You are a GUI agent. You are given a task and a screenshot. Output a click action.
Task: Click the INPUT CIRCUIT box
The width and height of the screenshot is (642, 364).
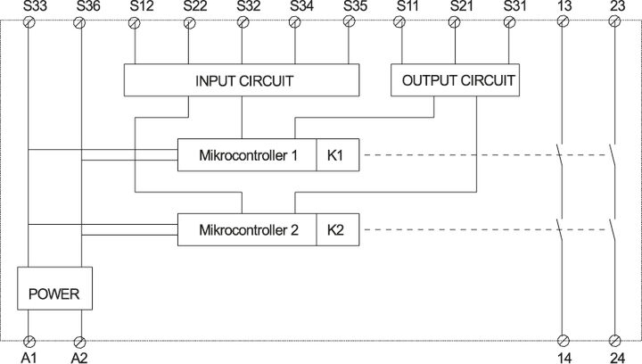tap(244, 80)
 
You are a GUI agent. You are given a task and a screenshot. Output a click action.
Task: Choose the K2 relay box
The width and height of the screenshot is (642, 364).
tap(335, 229)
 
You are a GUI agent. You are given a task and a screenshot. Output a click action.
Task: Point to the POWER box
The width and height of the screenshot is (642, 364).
tap(55, 294)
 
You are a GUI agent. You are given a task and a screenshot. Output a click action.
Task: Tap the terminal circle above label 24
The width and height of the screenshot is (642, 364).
tap(614, 341)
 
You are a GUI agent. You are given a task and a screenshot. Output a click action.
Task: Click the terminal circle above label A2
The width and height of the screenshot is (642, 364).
tap(80, 341)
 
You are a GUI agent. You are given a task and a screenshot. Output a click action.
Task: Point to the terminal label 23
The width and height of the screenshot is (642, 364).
tap(614, 7)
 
